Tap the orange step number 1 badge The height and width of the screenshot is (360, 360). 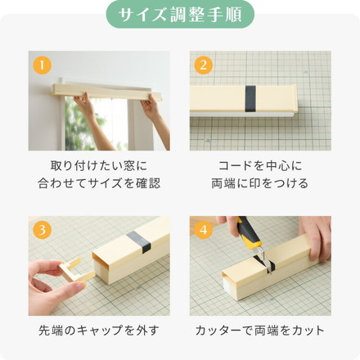point(40,65)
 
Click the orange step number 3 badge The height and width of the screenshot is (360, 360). point(40,229)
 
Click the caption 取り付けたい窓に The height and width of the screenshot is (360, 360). point(99,165)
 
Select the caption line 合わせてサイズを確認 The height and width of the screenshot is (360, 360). point(99,183)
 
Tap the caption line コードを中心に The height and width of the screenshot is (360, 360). point(261,165)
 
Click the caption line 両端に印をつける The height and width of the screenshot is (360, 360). point(261,183)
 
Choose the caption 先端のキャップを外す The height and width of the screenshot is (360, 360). point(99,331)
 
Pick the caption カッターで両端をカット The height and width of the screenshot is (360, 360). point(261,331)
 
